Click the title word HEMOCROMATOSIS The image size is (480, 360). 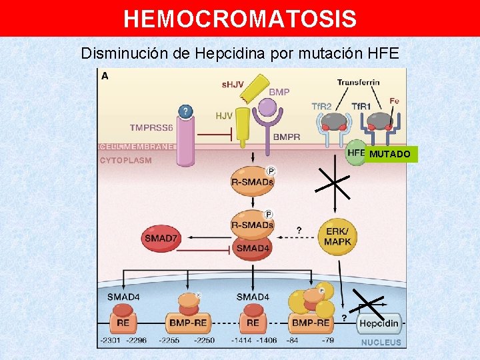[240, 19]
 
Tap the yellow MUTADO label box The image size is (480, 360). [390, 155]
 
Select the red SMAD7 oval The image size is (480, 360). [161, 238]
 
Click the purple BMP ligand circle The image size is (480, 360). [267, 107]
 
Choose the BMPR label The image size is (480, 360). [287, 137]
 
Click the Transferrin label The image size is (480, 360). [358, 83]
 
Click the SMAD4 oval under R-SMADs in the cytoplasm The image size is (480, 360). [253, 248]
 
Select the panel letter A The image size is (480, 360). [105, 76]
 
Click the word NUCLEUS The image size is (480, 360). [381, 342]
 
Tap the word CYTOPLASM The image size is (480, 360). [125, 160]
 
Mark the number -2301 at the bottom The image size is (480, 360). [110, 341]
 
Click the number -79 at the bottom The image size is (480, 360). [327, 341]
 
